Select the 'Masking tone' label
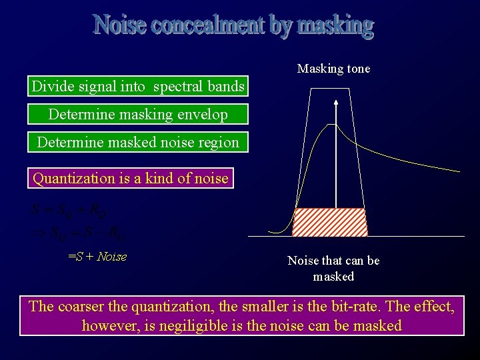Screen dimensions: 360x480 (333, 69)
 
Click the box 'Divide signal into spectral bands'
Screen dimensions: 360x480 (138, 87)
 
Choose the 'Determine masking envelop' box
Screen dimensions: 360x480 (138, 114)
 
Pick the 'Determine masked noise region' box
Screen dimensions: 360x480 (138, 142)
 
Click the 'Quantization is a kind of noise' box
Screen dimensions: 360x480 (131, 178)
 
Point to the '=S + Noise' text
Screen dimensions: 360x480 (97, 257)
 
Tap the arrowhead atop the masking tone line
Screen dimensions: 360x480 (336, 102)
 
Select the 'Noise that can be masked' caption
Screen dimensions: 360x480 (333, 268)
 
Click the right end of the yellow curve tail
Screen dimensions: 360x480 (459, 171)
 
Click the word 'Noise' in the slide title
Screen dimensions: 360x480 (121, 25)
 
